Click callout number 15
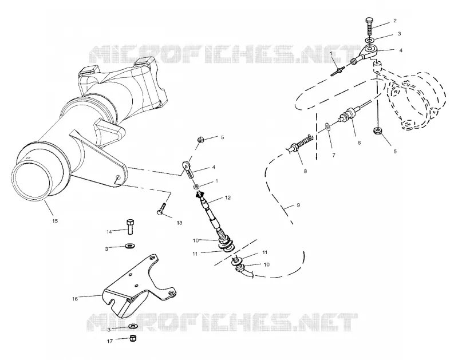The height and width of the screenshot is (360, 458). (55, 221)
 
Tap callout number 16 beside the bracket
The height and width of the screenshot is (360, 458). (75, 299)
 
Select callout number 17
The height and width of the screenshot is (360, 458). (110, 341)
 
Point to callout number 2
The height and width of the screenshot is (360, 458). (395, 21)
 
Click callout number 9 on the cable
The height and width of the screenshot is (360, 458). (298, 205)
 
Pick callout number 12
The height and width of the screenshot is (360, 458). (228, 197)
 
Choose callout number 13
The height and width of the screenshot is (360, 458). (179, 223)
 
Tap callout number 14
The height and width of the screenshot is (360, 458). (109, 232)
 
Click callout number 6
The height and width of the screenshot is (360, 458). (360, 143)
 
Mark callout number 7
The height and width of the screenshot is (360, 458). (334, 155)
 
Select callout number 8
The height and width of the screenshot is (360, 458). (305, 171)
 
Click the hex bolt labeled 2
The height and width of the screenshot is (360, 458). (369, 26)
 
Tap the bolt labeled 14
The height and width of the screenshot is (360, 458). (130, 226)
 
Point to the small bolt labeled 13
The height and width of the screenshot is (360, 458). (162, 209)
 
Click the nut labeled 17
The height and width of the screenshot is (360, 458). (133, 338)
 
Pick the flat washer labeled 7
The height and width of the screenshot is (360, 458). (327, 127)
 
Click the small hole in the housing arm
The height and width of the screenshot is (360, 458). (117, 177)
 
